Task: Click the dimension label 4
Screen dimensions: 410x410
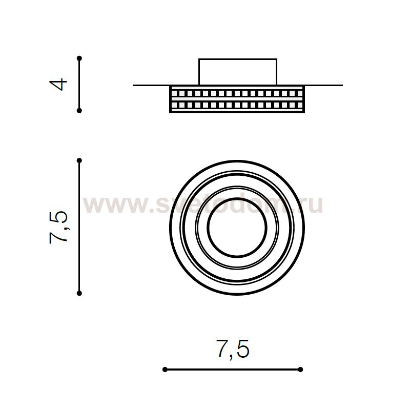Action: coord(58,85)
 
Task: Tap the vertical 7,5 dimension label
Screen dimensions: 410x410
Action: coord(58,228)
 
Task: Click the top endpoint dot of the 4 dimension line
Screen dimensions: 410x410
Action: coord(79,58)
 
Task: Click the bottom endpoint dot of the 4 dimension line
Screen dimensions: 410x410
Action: coord(79,111)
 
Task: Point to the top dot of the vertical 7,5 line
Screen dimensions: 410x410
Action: coord(79,160)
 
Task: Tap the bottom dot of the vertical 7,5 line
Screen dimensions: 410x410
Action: coord(79,293)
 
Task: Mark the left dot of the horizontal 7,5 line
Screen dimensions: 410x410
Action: coord(165,370)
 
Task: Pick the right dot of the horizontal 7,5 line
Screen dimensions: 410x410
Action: coord(300,370)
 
